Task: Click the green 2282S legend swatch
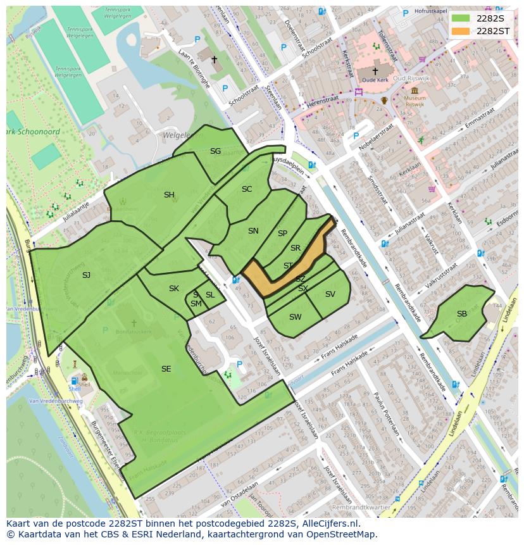[x=461, y=18]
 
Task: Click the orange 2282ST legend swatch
[x=461, y=30]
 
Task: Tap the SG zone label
[x=215, y=151]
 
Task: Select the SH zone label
[x=169, y=195]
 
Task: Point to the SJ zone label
[x=86, y=275]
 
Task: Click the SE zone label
[x=166, y=369]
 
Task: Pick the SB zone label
[x=462, y=314]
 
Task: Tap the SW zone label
[x=296, y=317]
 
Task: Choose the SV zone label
[x=330, y=294]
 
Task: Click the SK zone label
[x=174, y=289]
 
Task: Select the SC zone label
[x=247, y=189]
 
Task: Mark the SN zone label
[x=253, y=231]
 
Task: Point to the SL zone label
[x=210, y=295]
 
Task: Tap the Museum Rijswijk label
[x=415, y=103]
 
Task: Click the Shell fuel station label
[x=84, y=384]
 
